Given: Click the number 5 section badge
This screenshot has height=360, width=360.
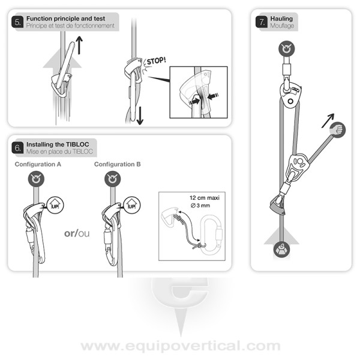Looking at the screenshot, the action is click(17, 22).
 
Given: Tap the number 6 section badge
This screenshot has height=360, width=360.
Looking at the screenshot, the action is click(17, 148).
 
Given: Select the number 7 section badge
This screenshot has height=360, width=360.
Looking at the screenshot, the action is click(262, 22).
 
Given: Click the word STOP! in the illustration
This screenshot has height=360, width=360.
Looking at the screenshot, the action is click(156, 61).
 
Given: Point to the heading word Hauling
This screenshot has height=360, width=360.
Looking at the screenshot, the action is click(281, 19).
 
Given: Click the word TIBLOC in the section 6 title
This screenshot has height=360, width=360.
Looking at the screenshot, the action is click(77, 145).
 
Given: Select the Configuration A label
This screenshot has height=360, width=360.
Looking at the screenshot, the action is click(38, 164).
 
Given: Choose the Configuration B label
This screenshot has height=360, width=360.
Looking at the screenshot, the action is click(118, 164).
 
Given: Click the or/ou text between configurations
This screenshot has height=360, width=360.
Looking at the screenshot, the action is click(77, 233).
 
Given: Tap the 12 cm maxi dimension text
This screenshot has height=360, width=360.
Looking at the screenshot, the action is click(205, 198).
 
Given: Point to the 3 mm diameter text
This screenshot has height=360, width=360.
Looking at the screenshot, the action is click(200, 205).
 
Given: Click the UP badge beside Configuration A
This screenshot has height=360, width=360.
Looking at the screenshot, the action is click(55, 205).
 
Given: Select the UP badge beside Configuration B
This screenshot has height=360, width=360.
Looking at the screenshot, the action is click(132, 205).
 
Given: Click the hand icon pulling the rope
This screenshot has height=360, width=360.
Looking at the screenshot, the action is click(337, 130).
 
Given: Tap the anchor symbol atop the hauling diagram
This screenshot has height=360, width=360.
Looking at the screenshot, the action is click(287, 49).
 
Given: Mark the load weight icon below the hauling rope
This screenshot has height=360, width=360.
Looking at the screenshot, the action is click(282, 250).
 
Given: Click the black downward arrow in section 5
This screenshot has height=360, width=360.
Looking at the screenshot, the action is click(140, 115).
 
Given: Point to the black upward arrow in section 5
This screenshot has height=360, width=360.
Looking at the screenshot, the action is click(79, 45).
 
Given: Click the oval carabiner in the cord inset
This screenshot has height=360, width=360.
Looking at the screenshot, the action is click(211, 235).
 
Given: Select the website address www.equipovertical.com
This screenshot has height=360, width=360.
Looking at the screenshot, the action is click(181, 346).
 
